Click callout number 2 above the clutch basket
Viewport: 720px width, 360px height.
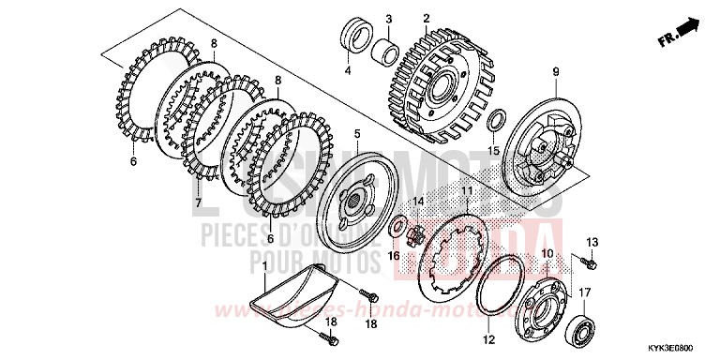coord(426,18)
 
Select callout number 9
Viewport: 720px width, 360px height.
coord(555,72)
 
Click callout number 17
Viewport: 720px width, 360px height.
coord(584,292)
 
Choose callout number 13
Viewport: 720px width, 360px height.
coord(591,243)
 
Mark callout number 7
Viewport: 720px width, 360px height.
coord(198,202)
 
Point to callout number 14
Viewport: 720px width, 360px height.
coord(418,201)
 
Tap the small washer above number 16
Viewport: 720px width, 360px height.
coord(398,226)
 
